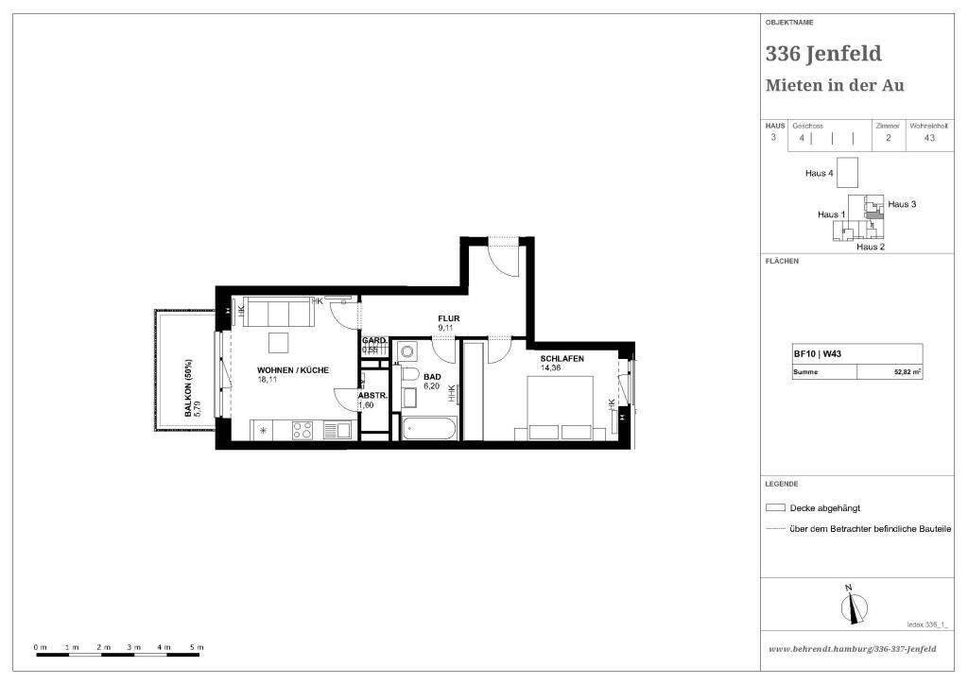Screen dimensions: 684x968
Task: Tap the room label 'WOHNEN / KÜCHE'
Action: click(293, 370)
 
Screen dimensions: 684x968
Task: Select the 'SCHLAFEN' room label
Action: click(562, 359)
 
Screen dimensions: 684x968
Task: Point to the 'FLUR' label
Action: click(448, 318)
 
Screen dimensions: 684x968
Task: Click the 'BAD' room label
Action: click(432, 375)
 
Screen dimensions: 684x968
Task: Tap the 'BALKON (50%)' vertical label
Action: click(189, 387)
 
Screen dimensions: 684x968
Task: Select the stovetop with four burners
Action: click(302, 430)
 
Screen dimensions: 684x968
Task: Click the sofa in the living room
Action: click(279, 312)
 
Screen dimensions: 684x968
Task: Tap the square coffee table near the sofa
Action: click(279, 342)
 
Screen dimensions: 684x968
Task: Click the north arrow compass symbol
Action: click(853, 605)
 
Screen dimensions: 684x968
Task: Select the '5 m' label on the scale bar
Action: click(197, 647)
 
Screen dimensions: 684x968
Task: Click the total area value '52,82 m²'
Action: click(906, 372)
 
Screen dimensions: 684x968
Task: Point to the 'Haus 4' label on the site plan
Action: click(819, 174)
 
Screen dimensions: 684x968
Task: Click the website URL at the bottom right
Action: click(853, 649)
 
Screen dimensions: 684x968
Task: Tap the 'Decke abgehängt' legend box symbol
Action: click(776, 507)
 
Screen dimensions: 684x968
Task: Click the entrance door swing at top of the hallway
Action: click(504, 260)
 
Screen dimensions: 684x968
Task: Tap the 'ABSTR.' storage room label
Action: click(370, 396)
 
